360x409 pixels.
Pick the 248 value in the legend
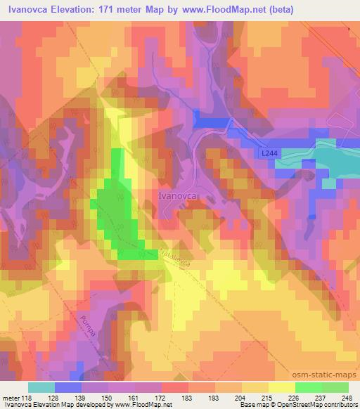click(x=347, y=398)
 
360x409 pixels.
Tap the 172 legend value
click(x=161, y=398)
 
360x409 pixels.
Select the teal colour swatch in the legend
click(x=41, y=387)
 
